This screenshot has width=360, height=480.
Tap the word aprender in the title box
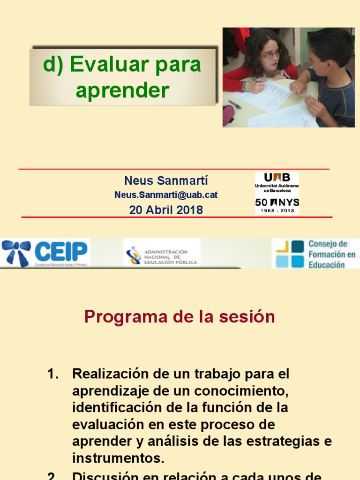pos(122,90)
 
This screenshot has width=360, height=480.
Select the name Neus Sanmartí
pos(166,181)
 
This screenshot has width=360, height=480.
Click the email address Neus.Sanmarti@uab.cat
pos(166,195)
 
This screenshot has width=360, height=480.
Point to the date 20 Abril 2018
pos(166,210)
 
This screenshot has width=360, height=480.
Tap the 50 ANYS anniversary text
pos(277,202)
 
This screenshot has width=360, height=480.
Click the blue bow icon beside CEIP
pos(16,252)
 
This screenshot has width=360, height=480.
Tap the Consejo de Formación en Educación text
pos(331,254)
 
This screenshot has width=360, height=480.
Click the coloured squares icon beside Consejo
pos(289,254)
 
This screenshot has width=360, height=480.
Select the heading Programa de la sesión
pos(180,317)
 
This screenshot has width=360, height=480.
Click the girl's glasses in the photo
pos(270,54)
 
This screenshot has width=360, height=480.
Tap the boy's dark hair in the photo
pos(330,45)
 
